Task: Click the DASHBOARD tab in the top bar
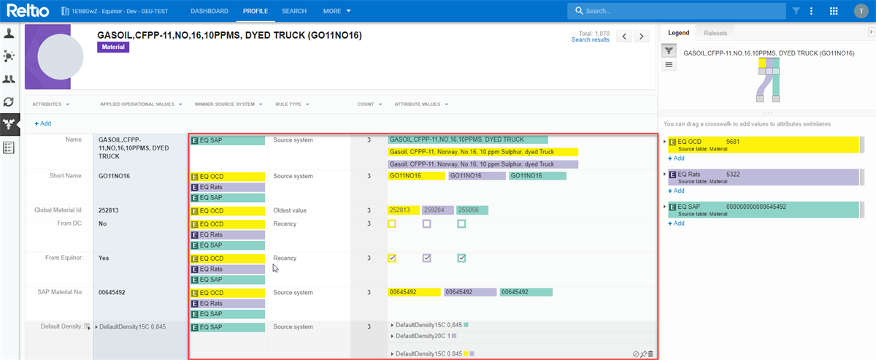pos(209,11)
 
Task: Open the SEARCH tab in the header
pos(294,11)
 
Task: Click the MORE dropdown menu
pos(337,11)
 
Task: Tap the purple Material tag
pos(113,47)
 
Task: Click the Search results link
pos(590,40)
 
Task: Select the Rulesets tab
pos(715,33)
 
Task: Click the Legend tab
pos(678,33)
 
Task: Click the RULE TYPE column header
pos(291,104)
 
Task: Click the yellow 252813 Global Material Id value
pos(403,210)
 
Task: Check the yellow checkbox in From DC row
pos(392,224)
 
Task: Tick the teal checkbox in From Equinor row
pos(461,258)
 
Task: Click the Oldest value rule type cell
pos(291,211)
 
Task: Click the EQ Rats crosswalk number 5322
pos(734,174)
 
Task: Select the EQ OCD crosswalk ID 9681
pos(734,141)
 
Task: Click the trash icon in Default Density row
pos(650,353)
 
